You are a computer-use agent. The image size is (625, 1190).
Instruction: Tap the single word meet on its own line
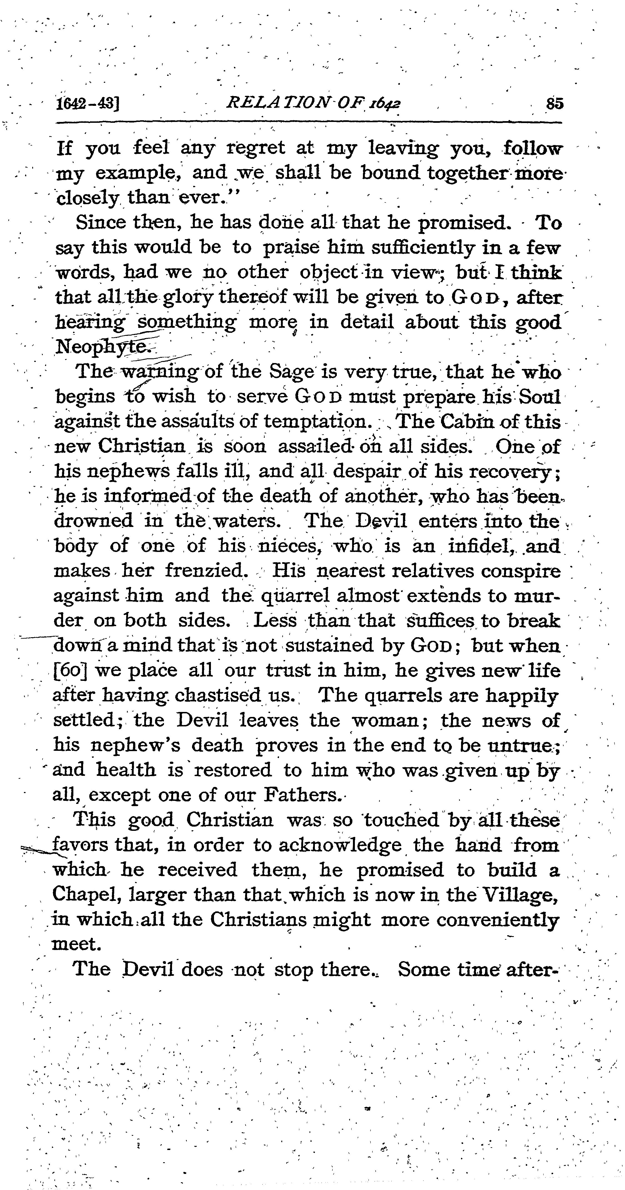76,944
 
